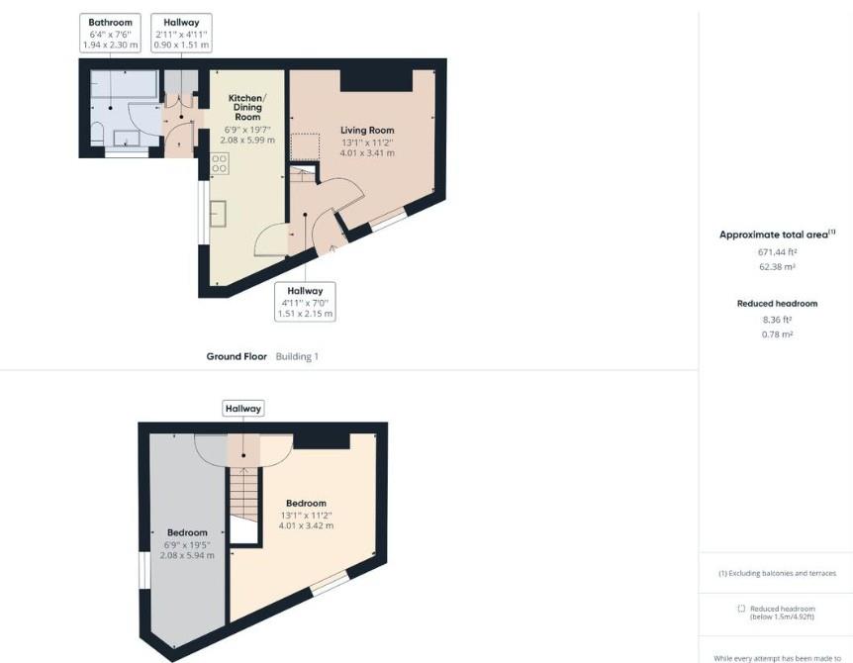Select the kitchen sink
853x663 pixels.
tap(219, 214)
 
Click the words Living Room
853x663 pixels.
tap(367, 130)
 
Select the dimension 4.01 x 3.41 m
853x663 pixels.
tap(367, 153)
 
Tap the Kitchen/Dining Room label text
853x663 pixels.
tap(245, 107)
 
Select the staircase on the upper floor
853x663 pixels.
tap(243, 491)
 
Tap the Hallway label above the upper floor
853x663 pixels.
tap(243, 408)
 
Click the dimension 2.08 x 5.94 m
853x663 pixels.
tap(187, 555)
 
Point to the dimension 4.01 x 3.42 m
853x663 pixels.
tap(306, 525)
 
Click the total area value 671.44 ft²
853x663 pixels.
tap(777, 252)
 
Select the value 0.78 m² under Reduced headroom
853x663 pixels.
tap(777, 334)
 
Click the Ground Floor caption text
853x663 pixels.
tap(237, 356)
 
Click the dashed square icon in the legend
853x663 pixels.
tap(741, 609)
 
